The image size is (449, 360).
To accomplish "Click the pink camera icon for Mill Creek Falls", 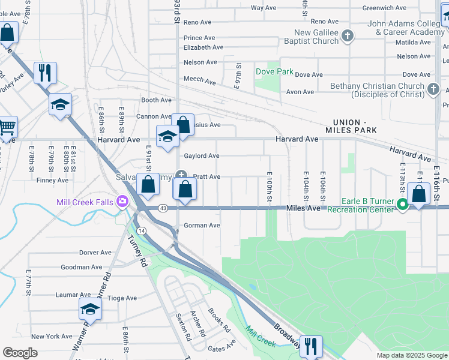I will [123, 202].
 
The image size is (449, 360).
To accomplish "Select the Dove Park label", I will [274, 71].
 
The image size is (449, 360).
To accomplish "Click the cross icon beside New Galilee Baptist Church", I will [347, 37].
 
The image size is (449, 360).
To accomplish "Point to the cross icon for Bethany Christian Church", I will [433, 90].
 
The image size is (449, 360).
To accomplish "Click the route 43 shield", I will [163, 208].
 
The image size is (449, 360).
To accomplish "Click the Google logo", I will [20, 353].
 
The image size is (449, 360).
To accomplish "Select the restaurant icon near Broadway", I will [310, 346].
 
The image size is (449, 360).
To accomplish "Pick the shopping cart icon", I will [7, 128].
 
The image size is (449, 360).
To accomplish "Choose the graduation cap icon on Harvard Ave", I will [167, 136].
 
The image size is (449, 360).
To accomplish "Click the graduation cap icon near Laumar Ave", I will [90, 309].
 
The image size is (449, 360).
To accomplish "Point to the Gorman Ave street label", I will [202, 226].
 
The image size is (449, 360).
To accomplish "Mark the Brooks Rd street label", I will [219, 320].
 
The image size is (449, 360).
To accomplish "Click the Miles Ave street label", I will [304, 208].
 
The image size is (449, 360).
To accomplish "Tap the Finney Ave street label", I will [52, 180].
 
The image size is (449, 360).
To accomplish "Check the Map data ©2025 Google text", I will [411, 355].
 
